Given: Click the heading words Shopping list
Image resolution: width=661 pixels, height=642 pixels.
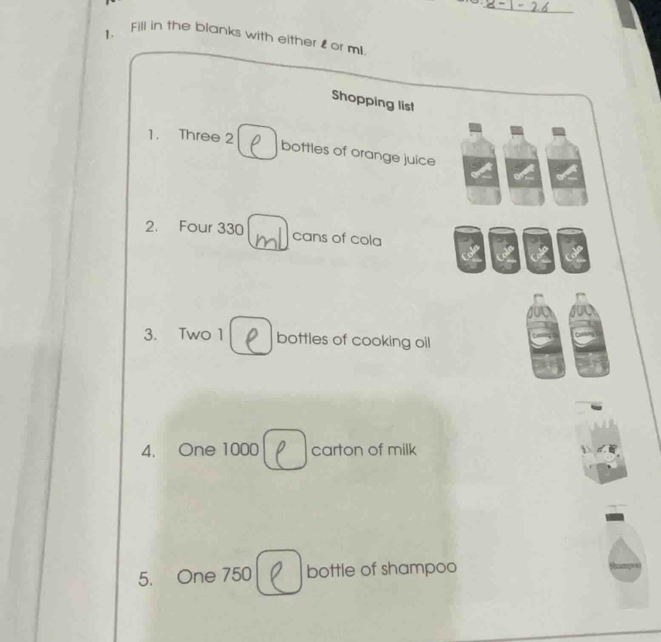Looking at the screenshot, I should [x=373, y=100].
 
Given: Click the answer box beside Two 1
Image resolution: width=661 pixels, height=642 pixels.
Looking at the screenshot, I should [x=251, y=336].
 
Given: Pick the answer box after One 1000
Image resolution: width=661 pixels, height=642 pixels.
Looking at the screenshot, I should [x=285, y=450].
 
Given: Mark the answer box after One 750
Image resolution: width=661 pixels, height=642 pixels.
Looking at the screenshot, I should [x=278, y=572].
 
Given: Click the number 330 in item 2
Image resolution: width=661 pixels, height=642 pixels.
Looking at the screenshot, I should [x=231, y=229].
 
